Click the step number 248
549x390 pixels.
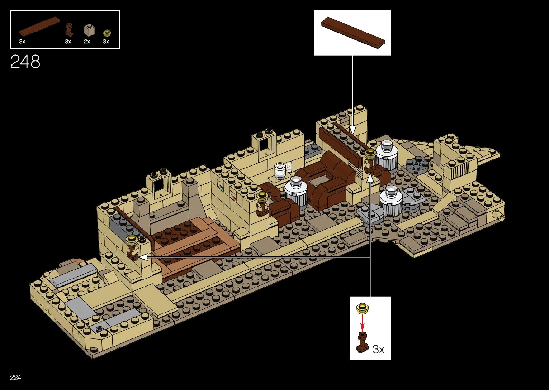click(25, 62)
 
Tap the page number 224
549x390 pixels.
click(16, 377)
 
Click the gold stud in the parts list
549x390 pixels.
click(106, 33)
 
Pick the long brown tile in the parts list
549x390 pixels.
click(39, 27)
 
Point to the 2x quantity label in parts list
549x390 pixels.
click(87, 42)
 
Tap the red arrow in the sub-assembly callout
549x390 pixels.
click(363, 323)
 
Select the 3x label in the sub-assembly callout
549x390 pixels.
click(378, 349)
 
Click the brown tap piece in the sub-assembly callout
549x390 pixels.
click(363, 342)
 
